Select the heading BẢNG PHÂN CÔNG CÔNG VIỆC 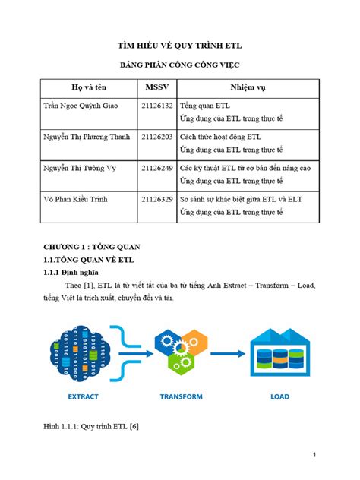tap(180, 67)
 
